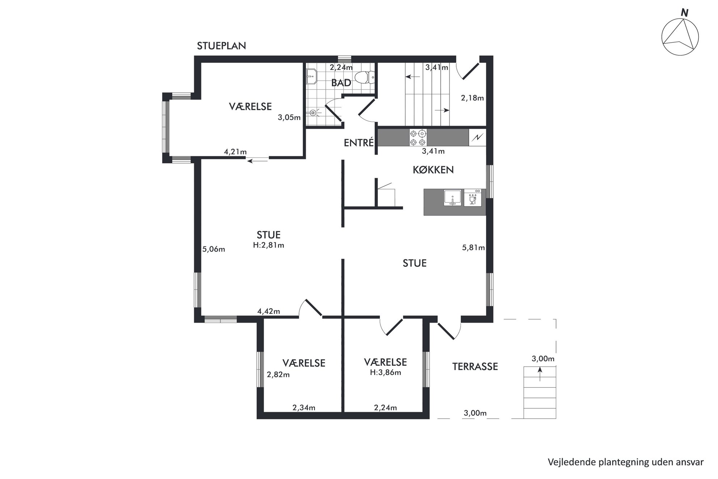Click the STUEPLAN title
tap(221, 46)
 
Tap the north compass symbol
tap(680, 35)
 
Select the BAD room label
tap(341, 83)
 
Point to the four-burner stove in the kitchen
tap(418, 138)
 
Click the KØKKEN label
tap(433, 170)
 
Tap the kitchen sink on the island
tap(452, 198)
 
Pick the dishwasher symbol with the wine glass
tap(473, 198)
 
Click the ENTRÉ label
tap(359, 143)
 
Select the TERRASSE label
tap(475, 367)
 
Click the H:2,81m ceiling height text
tap(269, 245)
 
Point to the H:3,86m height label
tap(385, 372)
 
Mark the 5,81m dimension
tap(473, 248)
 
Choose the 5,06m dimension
tap(214, 249)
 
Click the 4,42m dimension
tap(269, 311)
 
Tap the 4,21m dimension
tap(235, 152)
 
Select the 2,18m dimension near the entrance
tap(472, 98)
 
